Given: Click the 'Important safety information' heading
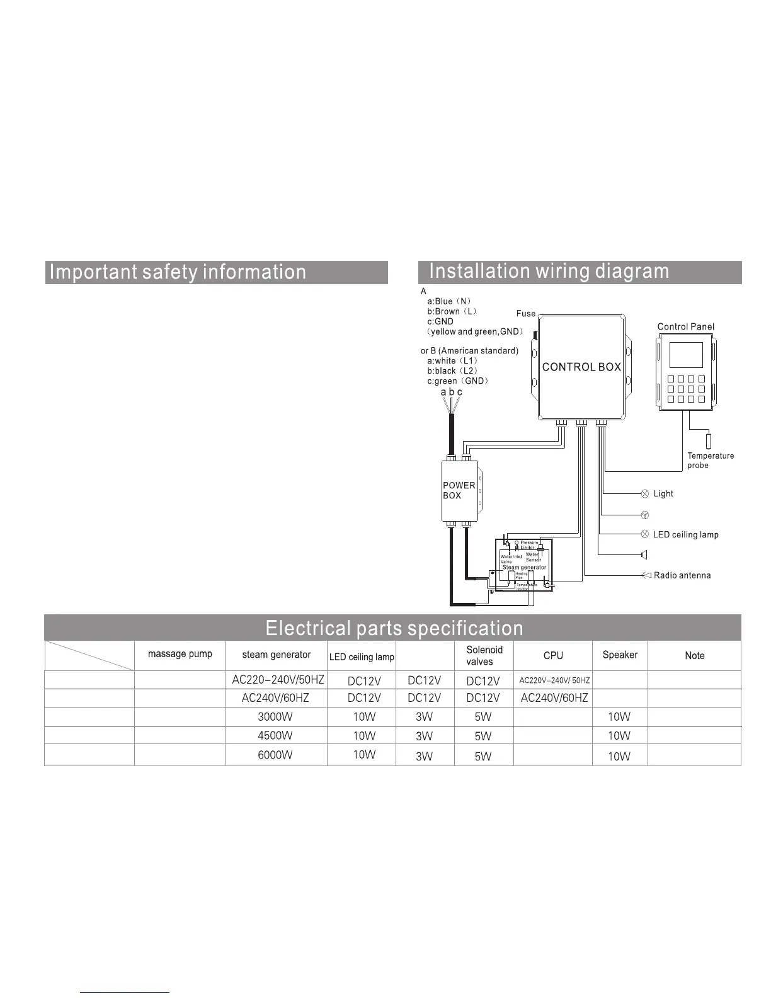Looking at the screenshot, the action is pos(178,272).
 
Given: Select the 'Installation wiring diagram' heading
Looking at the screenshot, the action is pos(549,271).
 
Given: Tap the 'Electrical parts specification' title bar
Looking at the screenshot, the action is pos(394,628).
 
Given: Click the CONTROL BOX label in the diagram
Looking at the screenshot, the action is pos(581,367).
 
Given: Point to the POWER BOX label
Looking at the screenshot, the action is pos(459,490).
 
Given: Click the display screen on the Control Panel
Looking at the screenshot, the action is pos(686,355).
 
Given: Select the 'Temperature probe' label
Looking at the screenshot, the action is pos(711,461).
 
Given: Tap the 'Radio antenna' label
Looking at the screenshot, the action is pos(682,575).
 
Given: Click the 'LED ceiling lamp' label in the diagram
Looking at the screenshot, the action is pos(685,535).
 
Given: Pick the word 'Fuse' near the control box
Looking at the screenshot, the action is pos(525,314).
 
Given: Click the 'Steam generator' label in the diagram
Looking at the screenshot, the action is pos(524,568).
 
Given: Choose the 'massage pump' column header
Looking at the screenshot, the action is pos(180,654).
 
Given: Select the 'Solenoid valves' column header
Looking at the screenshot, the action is pos(484,655).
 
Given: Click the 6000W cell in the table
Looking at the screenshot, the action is pos(275,755).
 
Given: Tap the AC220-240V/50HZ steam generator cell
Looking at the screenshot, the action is pos(278,680).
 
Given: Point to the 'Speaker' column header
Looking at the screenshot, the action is pos(620,655).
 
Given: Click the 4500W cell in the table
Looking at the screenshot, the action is pos(275,735).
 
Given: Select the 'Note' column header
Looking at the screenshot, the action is pos(694,656).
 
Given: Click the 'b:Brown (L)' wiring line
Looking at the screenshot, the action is pos(452,311).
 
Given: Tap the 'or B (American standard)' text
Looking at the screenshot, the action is pos(469,351).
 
